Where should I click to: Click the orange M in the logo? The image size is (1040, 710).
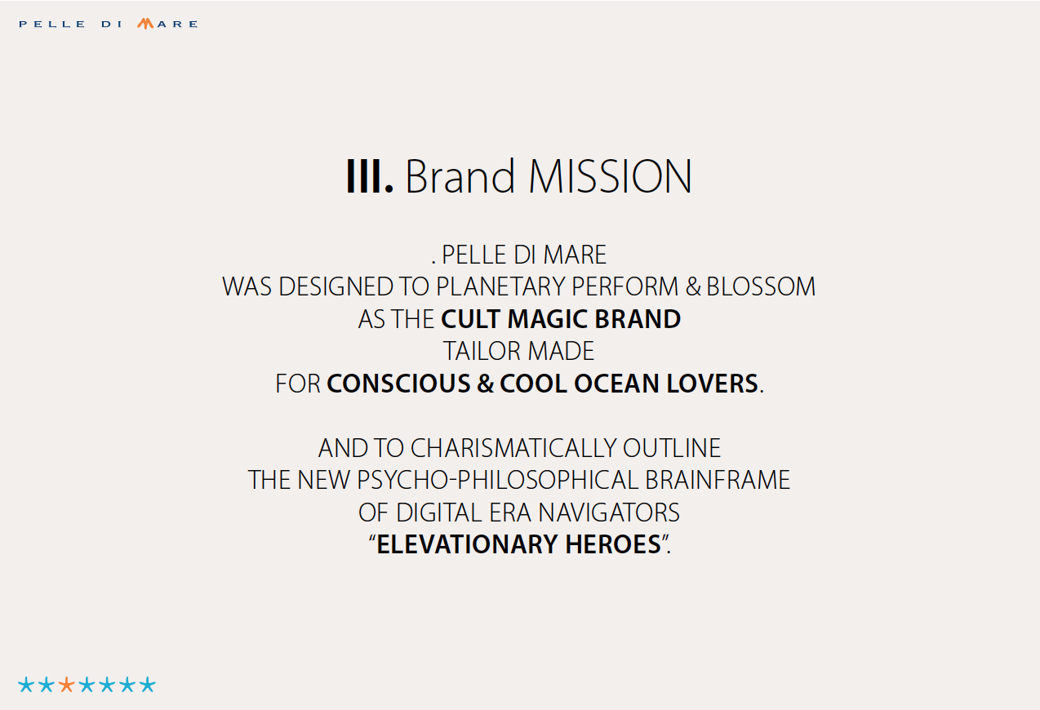tap(145, 24)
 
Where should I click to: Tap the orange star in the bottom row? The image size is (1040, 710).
tap(66, 685)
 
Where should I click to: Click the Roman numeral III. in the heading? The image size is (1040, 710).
tap(370, 177)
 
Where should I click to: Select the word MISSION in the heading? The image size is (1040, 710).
tap(610, 177)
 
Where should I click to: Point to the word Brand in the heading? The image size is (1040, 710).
tap(460, 176)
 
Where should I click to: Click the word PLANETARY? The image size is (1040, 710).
tap(501, 286)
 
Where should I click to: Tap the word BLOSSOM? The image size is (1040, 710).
tap(761, 286)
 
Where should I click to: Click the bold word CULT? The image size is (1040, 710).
tap(471, 319)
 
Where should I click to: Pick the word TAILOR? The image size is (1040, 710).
tap(482, 351)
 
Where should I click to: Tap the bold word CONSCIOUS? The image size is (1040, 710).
tap(399, 384)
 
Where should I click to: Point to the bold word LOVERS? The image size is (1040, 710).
tap(712, 384)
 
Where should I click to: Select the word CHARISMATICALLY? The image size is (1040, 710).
tap(513, 448)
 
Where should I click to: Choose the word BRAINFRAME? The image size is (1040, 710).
tap(718, 480)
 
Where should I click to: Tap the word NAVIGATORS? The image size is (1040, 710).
tap(609, 513)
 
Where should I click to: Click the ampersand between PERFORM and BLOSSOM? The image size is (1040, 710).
tap(693, 286)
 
